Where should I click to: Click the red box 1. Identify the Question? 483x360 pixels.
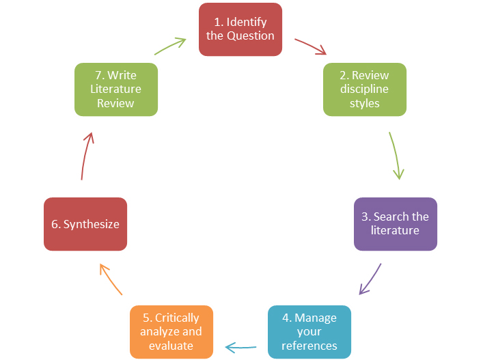pos(240,29)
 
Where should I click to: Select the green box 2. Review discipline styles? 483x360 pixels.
pos(365,89)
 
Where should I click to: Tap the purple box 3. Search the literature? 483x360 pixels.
pos(395,224)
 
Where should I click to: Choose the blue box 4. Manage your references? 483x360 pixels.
pos(309,331)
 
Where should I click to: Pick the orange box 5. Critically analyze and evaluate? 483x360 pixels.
pos(171,331)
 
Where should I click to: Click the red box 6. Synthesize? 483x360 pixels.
pos(85,224)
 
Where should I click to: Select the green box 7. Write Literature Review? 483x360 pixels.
pos(115,89)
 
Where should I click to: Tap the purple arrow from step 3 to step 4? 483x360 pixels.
pos(370,279)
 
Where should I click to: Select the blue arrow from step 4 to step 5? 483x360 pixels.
pos(241,348)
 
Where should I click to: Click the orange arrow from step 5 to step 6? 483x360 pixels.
pos(110,279)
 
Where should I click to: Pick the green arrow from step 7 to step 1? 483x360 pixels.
pos(170,46)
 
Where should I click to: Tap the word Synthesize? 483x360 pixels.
pos(91,224)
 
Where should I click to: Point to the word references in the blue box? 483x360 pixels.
pos(309,345)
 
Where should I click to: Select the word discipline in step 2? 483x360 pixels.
pos(365,89)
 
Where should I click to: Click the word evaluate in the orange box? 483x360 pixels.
pos(171,345)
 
